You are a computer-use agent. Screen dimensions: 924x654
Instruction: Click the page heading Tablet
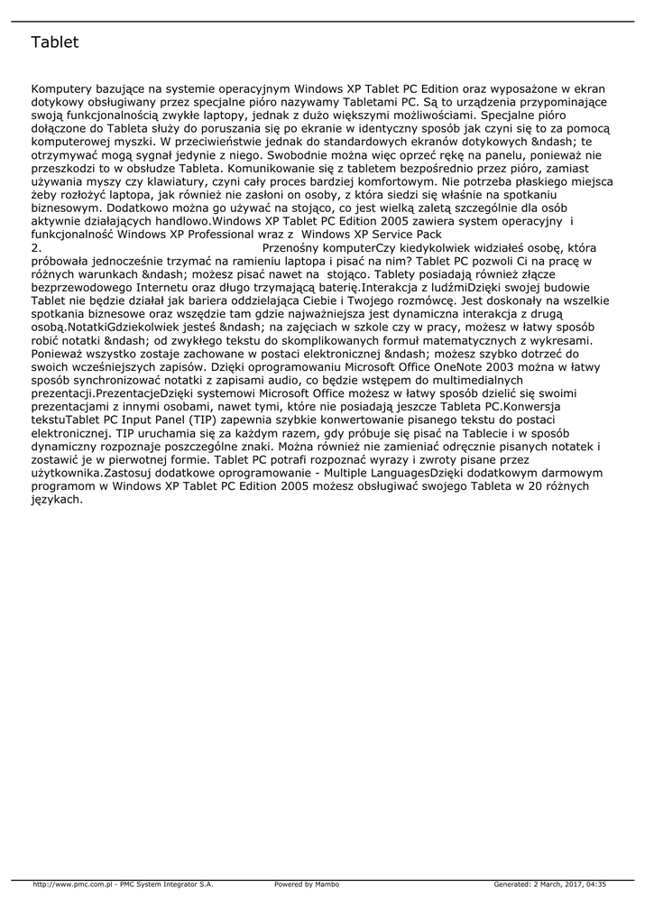(x=55, y=42)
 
